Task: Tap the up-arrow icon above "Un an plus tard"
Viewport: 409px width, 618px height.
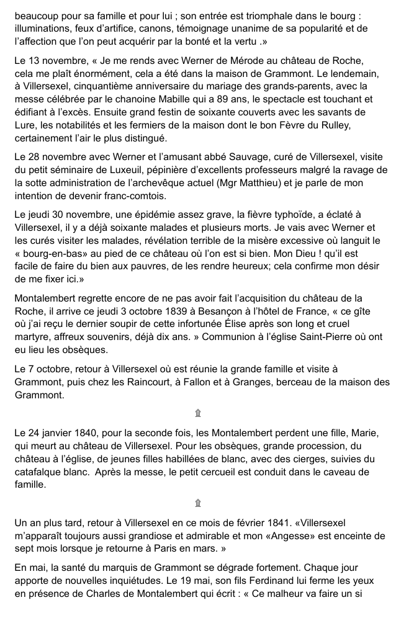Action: pos(198,503)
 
